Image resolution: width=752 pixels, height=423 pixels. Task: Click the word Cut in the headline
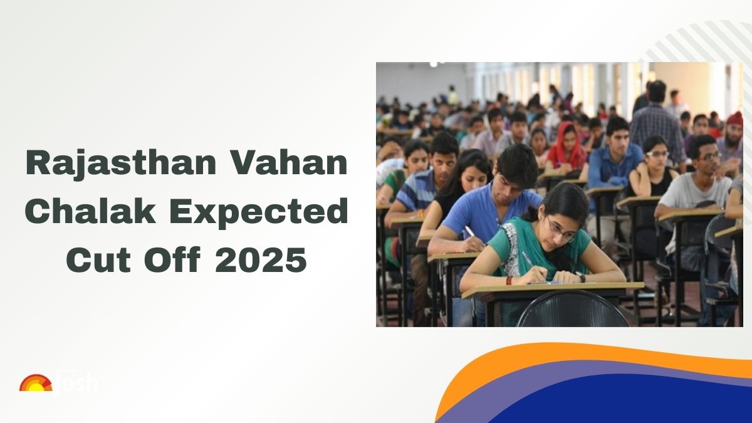pyautogui.click(x=95, y=260)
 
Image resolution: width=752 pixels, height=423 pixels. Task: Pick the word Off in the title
pyautogui.click(x=175, y=260)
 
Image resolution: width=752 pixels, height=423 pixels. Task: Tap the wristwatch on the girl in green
pyautogui.click(x=581, y=276)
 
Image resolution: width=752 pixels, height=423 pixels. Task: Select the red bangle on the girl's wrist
pyautogui.click(x=509, y=279)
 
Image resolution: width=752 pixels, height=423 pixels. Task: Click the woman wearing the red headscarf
pyautogui.click(x=565, y=147)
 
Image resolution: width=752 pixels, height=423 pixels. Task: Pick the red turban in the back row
pyautogui.click(x=734, y=118)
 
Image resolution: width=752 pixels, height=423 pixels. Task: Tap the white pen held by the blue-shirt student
pyautogui.click(x=469, y=232)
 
